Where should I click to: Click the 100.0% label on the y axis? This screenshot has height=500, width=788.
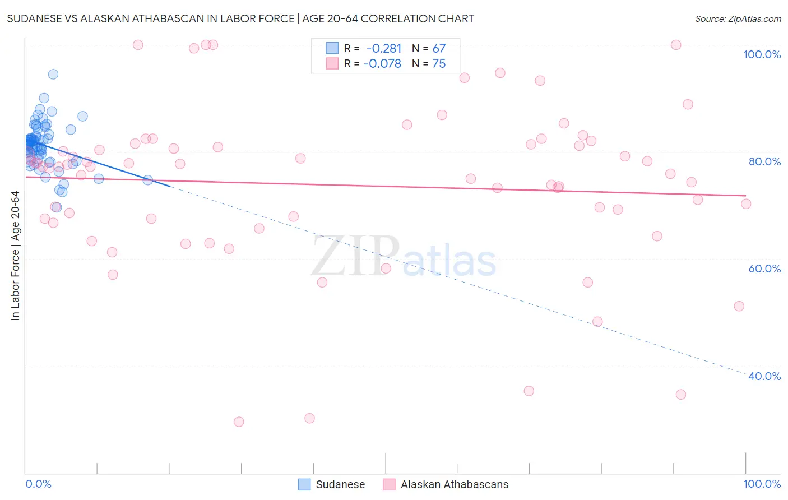pyautogui.click(x=762, y=54)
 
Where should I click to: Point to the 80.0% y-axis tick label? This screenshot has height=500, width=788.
pyautogui.click(x=764, y=161)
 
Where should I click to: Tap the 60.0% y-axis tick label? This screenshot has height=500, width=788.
pyautogui.click(x=764, y=268)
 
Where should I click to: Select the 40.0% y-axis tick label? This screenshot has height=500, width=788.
pyautogui.click(x=764, y=376)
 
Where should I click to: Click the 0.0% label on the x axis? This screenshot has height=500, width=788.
pyautogui.click(x=38, y=484)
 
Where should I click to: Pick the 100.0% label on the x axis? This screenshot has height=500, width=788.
pyautogui.click(x=762, y=484)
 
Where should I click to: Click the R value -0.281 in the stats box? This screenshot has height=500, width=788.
pyautogui.click(x=384, y=49)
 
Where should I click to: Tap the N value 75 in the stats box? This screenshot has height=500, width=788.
pyautogui.click(x=439, y=64)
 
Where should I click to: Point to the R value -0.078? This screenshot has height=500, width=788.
pyautogui.click(x=382, y=64)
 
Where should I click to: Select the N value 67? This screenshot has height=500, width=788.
pyautogui.click(x=439, y=49)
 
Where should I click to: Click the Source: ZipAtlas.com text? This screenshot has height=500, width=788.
pyautogui.click(x=738, y=19)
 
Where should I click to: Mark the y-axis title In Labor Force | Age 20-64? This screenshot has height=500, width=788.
pyautogui.click(x=16, y=256)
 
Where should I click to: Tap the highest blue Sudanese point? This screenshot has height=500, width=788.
pyautogui.click(x=53, y=74)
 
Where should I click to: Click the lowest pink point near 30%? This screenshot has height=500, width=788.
pyautogui.click(x=239, y=422)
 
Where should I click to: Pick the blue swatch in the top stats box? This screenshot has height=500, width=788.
pyautogui.click(x=332, y=48)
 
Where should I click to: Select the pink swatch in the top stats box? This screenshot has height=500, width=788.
pyautogui.click(x=332, y=63)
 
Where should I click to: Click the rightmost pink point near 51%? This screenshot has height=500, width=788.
pyautogui.click(x=739, y=306)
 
